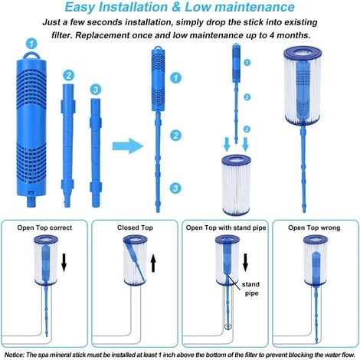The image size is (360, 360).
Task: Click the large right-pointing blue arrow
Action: point(128,146)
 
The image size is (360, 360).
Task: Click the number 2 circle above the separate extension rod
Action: point(68,75)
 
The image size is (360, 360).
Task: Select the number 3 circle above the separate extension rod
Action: point(96,90)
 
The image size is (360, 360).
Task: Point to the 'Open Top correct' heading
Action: point(44,227)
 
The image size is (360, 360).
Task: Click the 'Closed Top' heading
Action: point(135,227)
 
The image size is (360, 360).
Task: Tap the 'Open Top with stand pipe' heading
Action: point(226,227)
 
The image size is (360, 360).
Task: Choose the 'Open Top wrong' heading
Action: point(314,227)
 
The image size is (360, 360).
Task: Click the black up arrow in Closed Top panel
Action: point(153,263)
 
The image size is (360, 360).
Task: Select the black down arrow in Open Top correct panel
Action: point(64,263)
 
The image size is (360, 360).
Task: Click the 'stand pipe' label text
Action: point(250,289)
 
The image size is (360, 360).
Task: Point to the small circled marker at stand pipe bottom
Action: point(227,326)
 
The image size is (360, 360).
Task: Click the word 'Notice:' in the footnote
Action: point(15,355)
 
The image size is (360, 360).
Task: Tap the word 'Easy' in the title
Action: point(80,7)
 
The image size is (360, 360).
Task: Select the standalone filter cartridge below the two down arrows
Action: point(237,185)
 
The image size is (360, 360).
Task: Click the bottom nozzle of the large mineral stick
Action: point(31,201)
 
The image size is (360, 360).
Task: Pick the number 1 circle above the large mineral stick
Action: point(31,44)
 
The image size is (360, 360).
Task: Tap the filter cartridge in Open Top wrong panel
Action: point(316,260)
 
